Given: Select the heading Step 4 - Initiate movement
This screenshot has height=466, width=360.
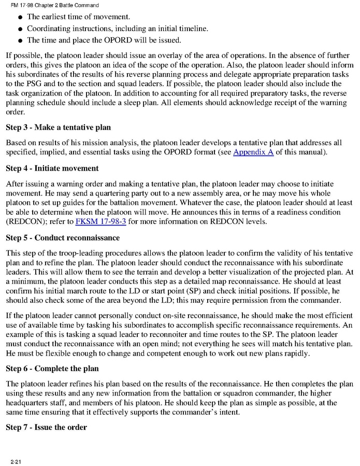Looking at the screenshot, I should coord(52,168).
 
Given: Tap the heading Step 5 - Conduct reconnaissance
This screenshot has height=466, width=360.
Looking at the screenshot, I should coord(62,238).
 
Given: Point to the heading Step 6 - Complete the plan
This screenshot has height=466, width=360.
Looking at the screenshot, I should coord(52,369).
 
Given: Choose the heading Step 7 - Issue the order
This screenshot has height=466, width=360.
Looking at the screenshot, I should coord(46,427).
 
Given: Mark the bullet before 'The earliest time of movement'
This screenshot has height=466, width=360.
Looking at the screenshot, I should coord(19,18).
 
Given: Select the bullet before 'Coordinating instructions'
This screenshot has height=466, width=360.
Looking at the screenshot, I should coord(19,29).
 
